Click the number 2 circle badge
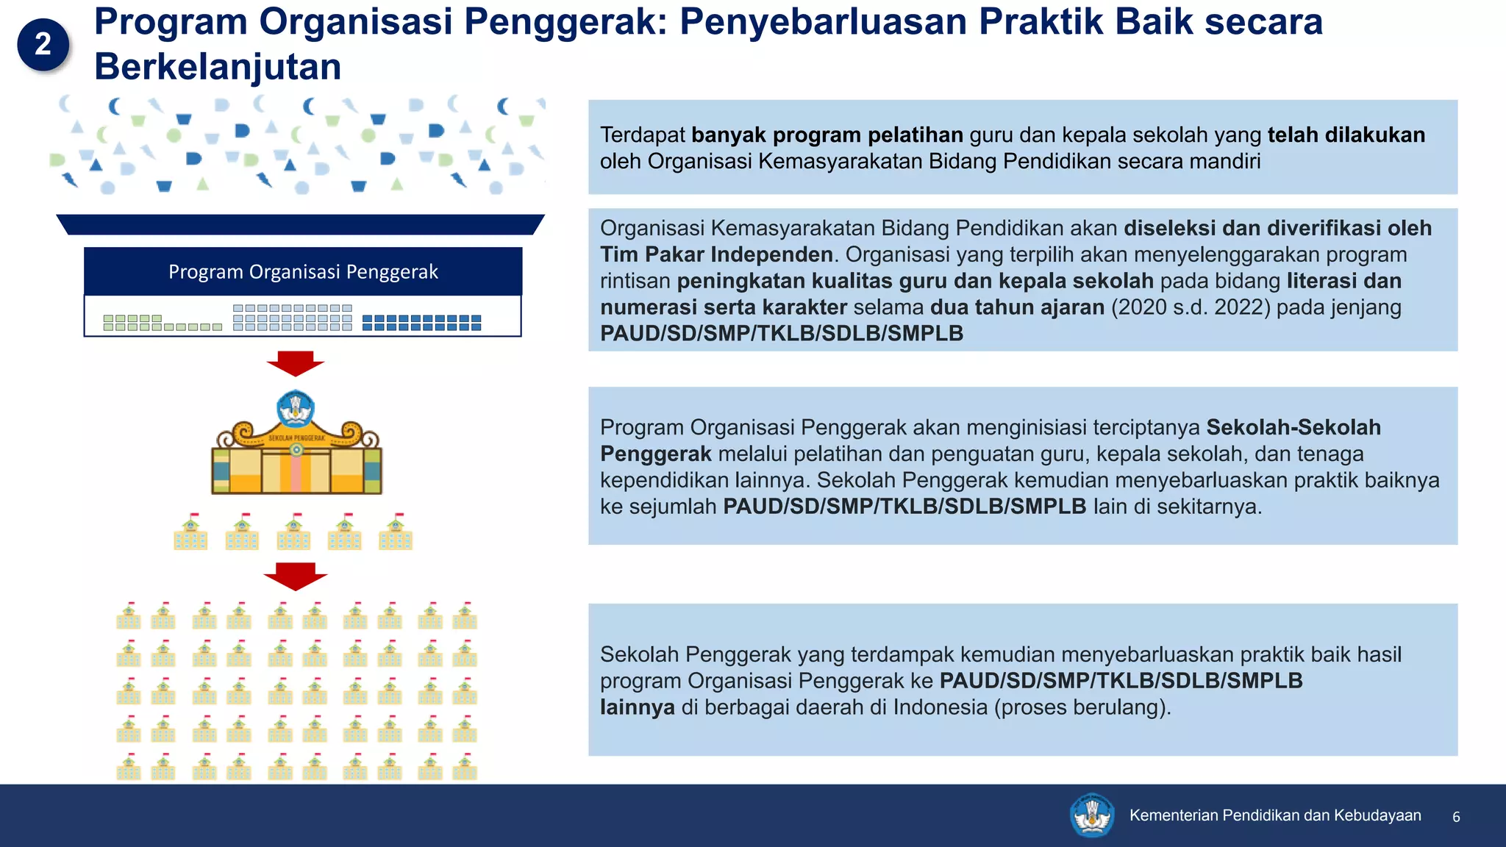coord(43,44)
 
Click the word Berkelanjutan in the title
coord(218,67)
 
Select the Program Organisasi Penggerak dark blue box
coord(303,272)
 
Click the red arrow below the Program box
coord(296,363)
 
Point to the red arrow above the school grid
coord(296,576)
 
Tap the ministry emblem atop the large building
coord(296,409)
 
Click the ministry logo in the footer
coord(1092,815)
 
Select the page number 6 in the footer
coord(1456,817)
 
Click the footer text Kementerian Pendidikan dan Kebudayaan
coord(1275,815)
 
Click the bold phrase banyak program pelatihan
coord(827,135)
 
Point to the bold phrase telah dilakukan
coord(1346,135)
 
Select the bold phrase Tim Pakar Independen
coord(716,254)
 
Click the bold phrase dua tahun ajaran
coord(1017,307)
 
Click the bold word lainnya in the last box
coord(638,707)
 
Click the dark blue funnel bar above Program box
coord(300,224)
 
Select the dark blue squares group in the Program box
coord(422,323)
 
